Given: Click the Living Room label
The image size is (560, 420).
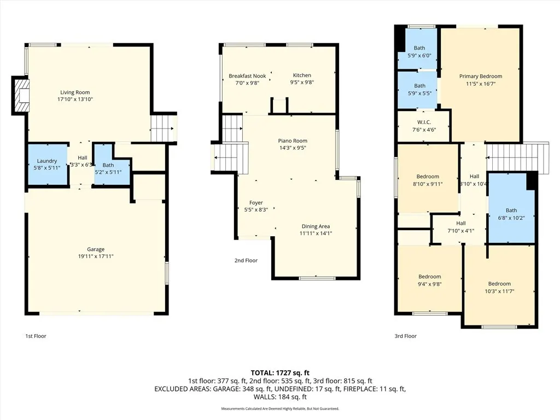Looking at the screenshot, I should [75, 92].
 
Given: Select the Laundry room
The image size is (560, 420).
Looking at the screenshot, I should [48, 165].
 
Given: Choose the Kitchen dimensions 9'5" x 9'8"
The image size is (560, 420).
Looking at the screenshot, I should [302, 83].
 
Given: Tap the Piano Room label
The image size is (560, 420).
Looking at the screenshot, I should [293, 141].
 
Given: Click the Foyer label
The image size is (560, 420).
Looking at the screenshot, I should [256, 203].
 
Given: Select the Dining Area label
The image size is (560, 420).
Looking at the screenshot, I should [316, 226].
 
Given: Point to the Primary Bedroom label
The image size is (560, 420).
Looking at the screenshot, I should [480, 77].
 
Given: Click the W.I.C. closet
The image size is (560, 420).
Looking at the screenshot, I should [424, 126].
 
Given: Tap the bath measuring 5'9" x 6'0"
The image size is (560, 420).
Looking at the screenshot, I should [419, 51].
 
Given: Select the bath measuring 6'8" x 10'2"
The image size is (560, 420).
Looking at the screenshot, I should [511, 213].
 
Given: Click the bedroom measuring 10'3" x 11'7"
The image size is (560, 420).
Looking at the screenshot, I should [499, 287].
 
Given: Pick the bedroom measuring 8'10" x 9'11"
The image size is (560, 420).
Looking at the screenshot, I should [428, 179].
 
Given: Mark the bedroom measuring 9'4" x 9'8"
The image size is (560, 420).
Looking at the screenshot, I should [429, 280].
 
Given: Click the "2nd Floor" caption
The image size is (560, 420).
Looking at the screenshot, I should [246, 261].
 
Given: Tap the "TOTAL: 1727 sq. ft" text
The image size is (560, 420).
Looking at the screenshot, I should [279, 372].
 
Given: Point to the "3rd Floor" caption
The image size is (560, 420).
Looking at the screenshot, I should [405, 336].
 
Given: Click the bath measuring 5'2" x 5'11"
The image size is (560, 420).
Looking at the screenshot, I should [108, 168].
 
